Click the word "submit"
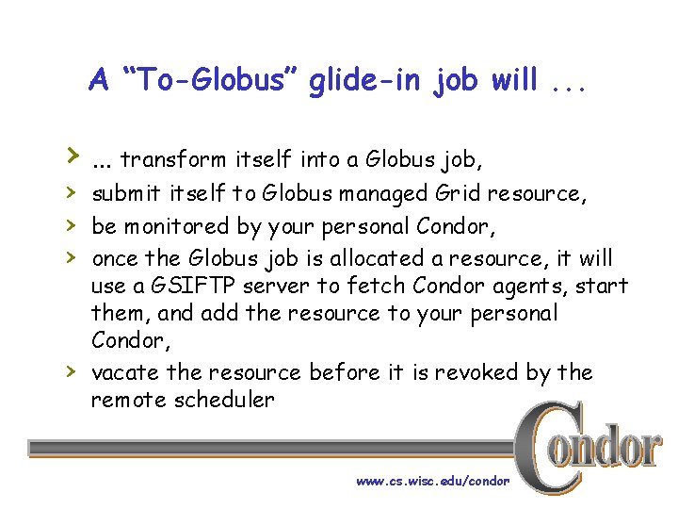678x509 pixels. point(126,194)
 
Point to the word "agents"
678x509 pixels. point(534,286)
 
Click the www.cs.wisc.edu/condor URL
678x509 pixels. point(432,481)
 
